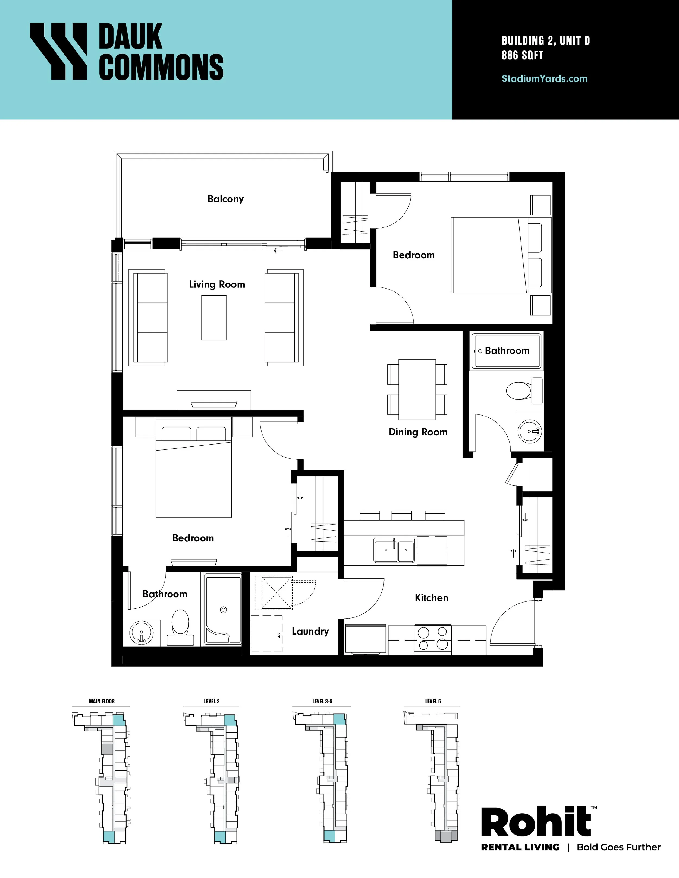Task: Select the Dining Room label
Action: click(x=418, y=432)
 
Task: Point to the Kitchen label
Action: click(x=432, y=598)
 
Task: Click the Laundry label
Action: click(x=310, y=632)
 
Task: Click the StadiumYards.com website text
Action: click(x=545, y=79)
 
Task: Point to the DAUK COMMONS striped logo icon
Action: click(x=58, y=51)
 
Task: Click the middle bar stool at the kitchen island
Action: click(x=401, y=515)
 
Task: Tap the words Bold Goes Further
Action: click(x=619, y=847)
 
